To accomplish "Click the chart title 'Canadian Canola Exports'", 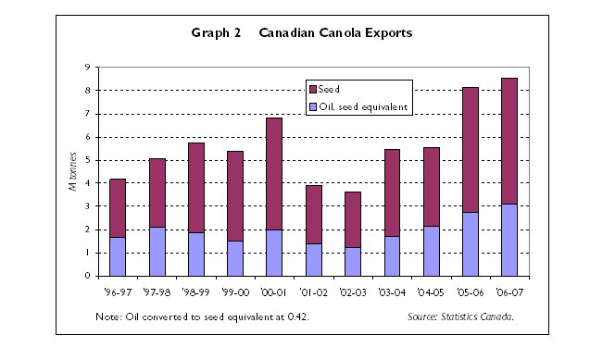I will [335, 32].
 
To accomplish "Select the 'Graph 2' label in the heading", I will [216, 32].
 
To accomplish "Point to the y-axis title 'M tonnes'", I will [72, 172].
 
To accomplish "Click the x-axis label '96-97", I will [118, 291].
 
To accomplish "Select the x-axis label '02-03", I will [352, 291].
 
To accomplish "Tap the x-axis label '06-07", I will [508, 291].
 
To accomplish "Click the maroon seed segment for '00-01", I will [274, 174].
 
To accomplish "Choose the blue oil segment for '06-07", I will [508, 240].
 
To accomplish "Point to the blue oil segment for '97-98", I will [157, 251].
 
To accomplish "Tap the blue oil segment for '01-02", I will [313, 259].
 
